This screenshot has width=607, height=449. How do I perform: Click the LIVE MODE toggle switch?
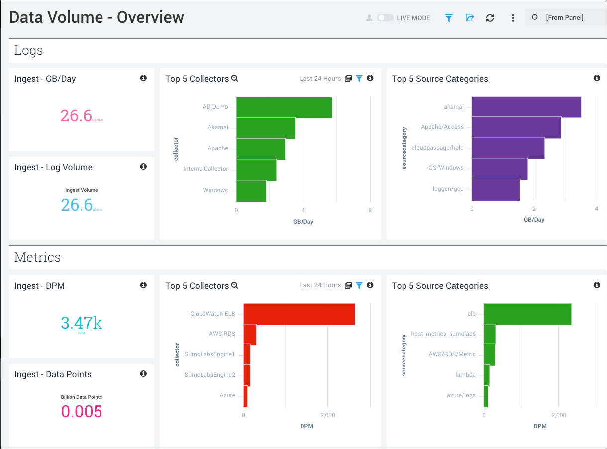click(385, 18)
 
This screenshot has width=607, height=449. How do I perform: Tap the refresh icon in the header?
click(490, 18)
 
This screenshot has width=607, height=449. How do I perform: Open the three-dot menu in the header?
click(513, 18)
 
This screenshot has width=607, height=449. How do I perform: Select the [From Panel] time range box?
click(565, 17)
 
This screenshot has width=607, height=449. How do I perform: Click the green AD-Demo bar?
click(284, 108)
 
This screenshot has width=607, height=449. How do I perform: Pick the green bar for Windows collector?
click(251, 191)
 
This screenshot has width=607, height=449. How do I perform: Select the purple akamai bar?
click(526, 107)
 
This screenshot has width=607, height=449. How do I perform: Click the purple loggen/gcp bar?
click(496, 190)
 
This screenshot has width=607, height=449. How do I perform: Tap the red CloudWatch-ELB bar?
click(299, 314)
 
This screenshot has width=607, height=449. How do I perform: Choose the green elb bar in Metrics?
click(527, 314)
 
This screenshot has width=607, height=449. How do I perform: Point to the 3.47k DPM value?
click(82, 323)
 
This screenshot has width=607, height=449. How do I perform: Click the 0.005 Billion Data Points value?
click(82, 412)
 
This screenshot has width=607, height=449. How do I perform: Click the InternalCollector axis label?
click(205, 169)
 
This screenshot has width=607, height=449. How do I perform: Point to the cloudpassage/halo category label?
click(437, 148)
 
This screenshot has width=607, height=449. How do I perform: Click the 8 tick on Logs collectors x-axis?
click(370, 210)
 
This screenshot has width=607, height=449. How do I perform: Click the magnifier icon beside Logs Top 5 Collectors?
click(235, 79)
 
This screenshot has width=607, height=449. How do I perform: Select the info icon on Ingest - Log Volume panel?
click(143, 167)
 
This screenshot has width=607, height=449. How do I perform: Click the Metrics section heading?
click(37, 257)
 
